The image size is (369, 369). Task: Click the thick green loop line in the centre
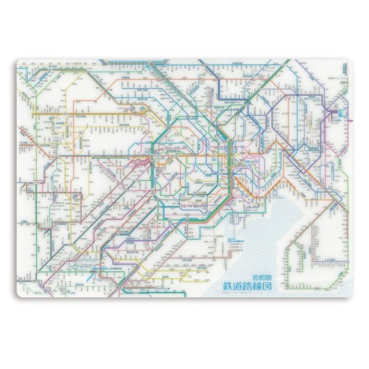point(184,219)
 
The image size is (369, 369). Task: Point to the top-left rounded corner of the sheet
point(19,62)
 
